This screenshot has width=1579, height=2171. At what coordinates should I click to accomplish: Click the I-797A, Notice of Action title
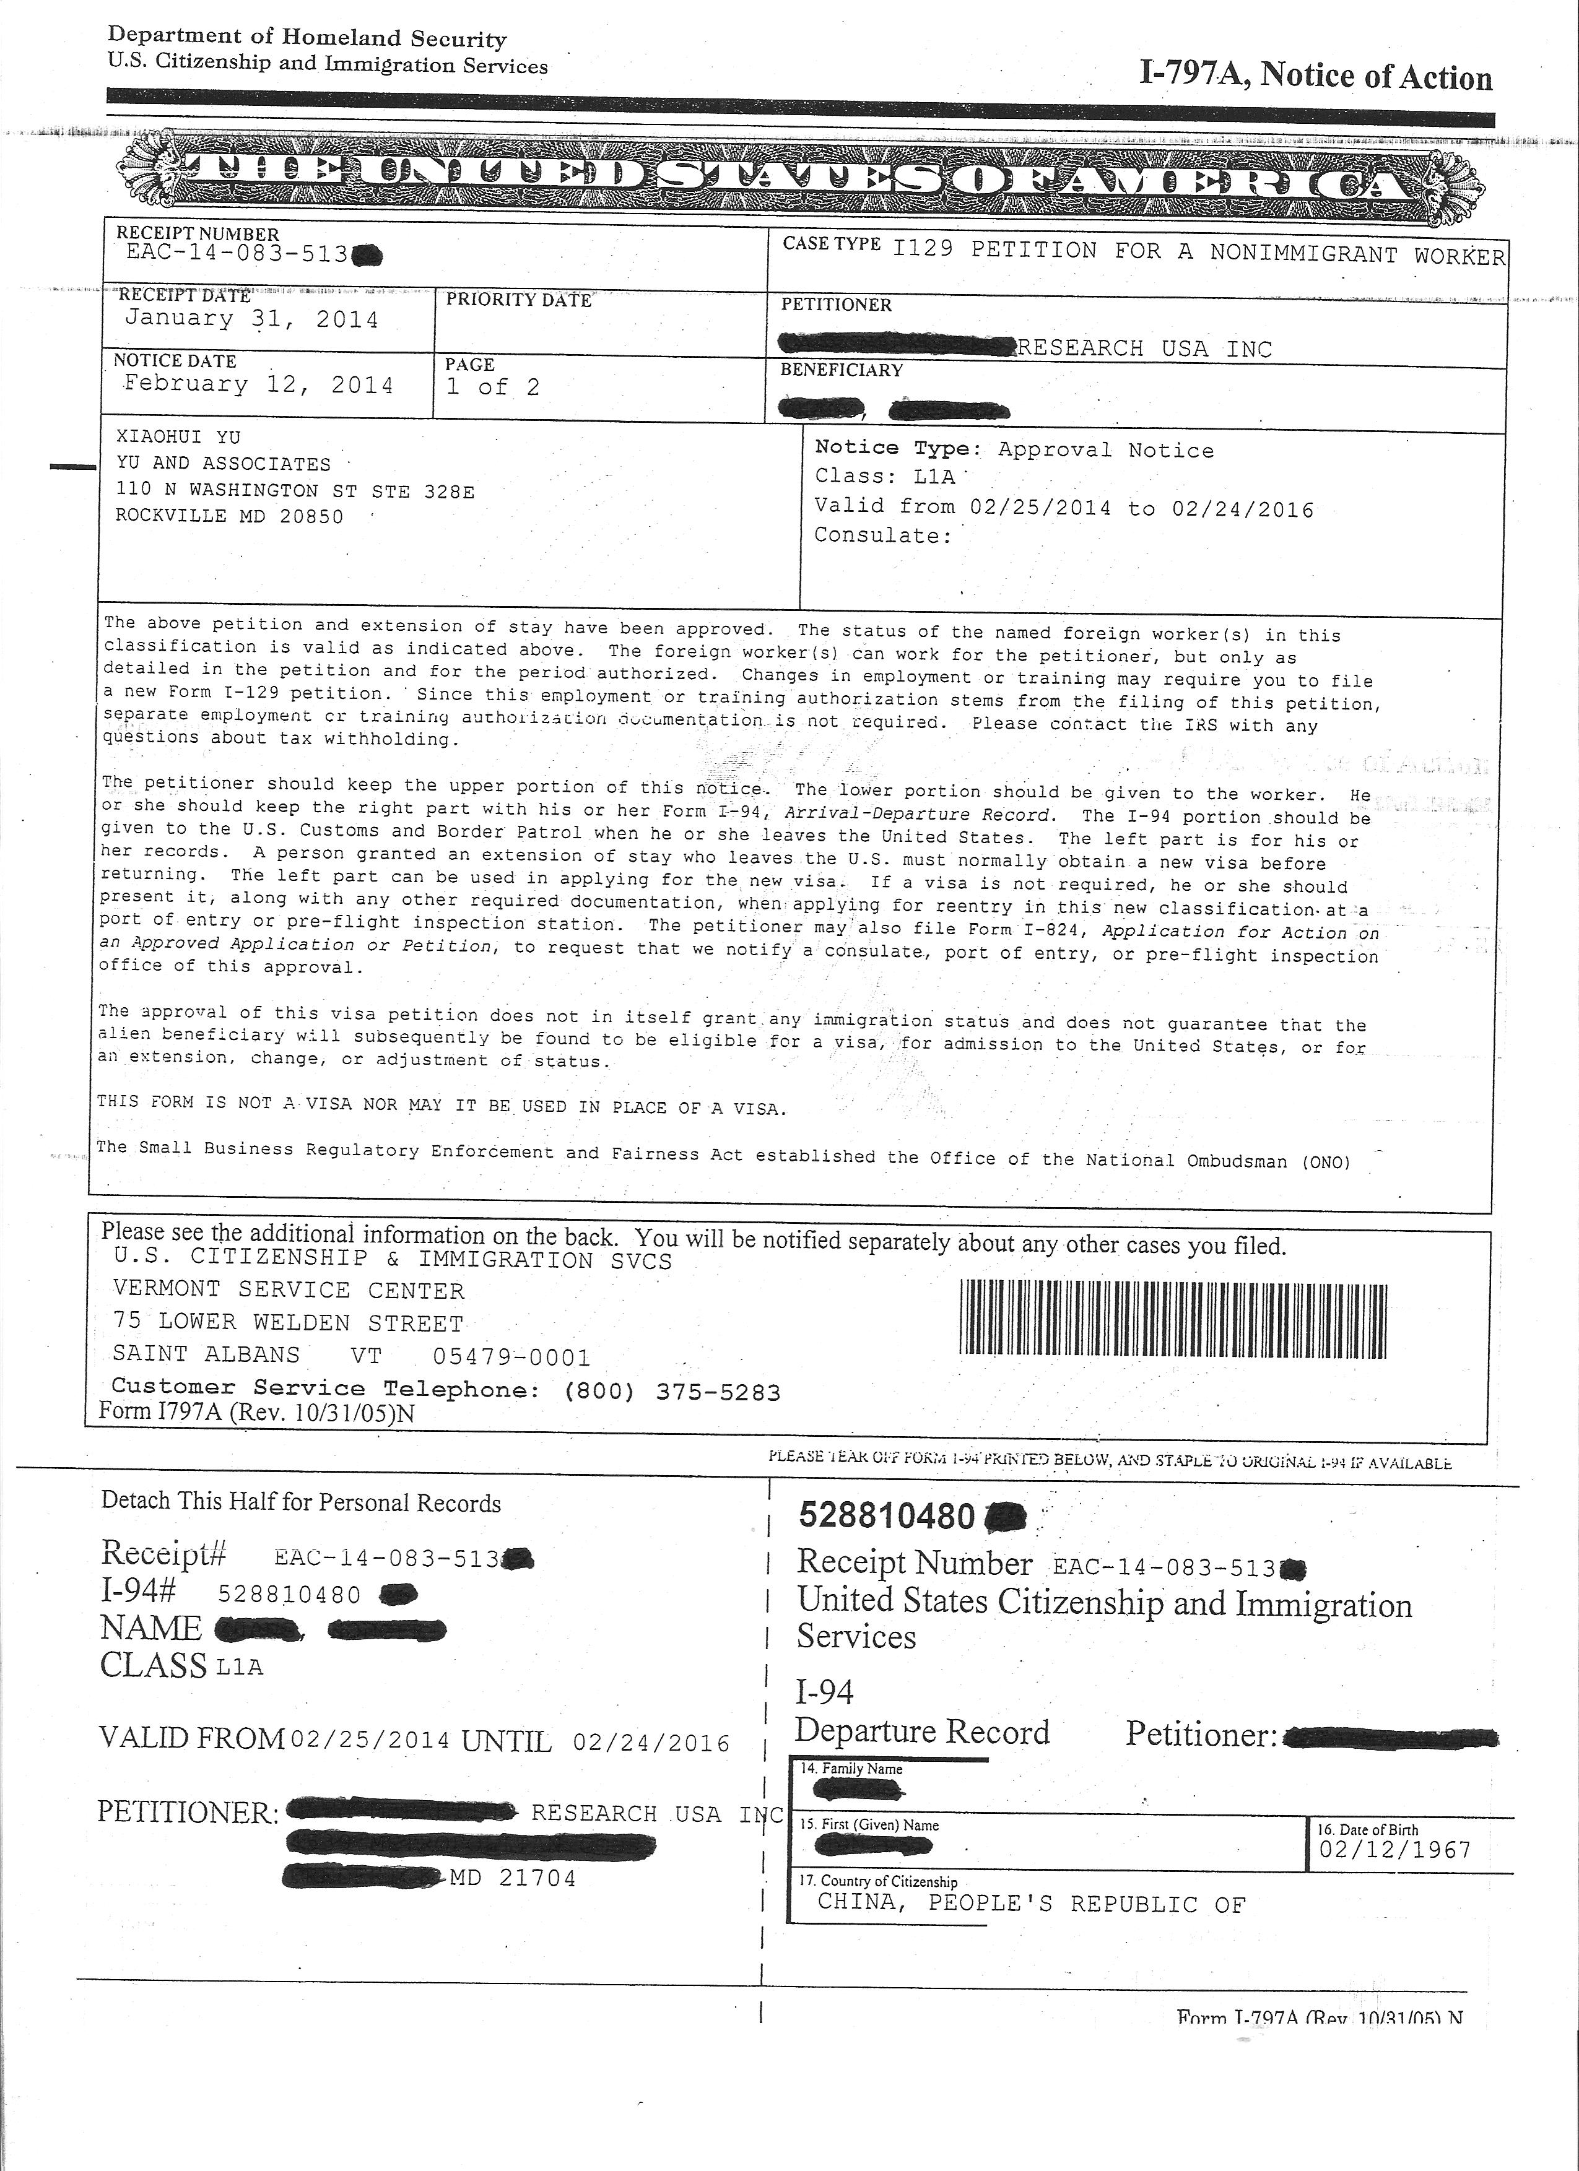pos(1315,77)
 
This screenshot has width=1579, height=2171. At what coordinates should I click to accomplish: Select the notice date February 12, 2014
pos(259,385)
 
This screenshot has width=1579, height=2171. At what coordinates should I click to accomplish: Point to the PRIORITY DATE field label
pos(519,300)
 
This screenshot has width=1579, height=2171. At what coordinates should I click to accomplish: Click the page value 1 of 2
pos(493,387)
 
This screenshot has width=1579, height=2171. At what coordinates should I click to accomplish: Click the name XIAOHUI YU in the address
pos(178,438)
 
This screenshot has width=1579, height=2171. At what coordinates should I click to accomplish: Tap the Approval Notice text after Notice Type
pos(1105,450)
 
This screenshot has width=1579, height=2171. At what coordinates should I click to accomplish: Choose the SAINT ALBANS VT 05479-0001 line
pos(352,1356)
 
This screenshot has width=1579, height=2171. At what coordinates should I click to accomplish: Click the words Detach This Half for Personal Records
pos(301,1503)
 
